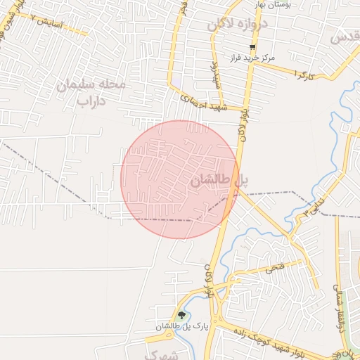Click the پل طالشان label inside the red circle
tap(219, 181)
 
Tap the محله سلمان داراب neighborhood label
tap(91, 93)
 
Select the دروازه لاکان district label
tap(238, 24)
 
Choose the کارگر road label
tap(303, 74)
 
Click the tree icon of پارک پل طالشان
tap(182, 315)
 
